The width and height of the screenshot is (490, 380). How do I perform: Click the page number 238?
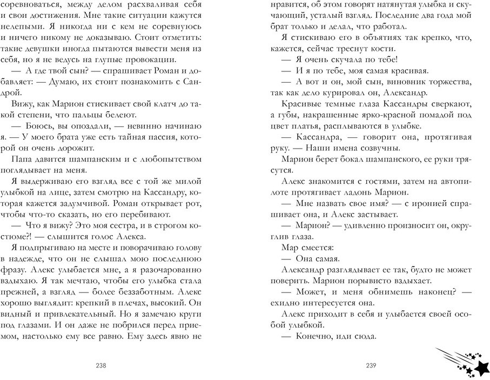coord(101,365)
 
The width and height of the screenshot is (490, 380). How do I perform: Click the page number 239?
coord(370,365)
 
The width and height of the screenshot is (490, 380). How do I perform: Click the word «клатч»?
coord(155,104)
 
